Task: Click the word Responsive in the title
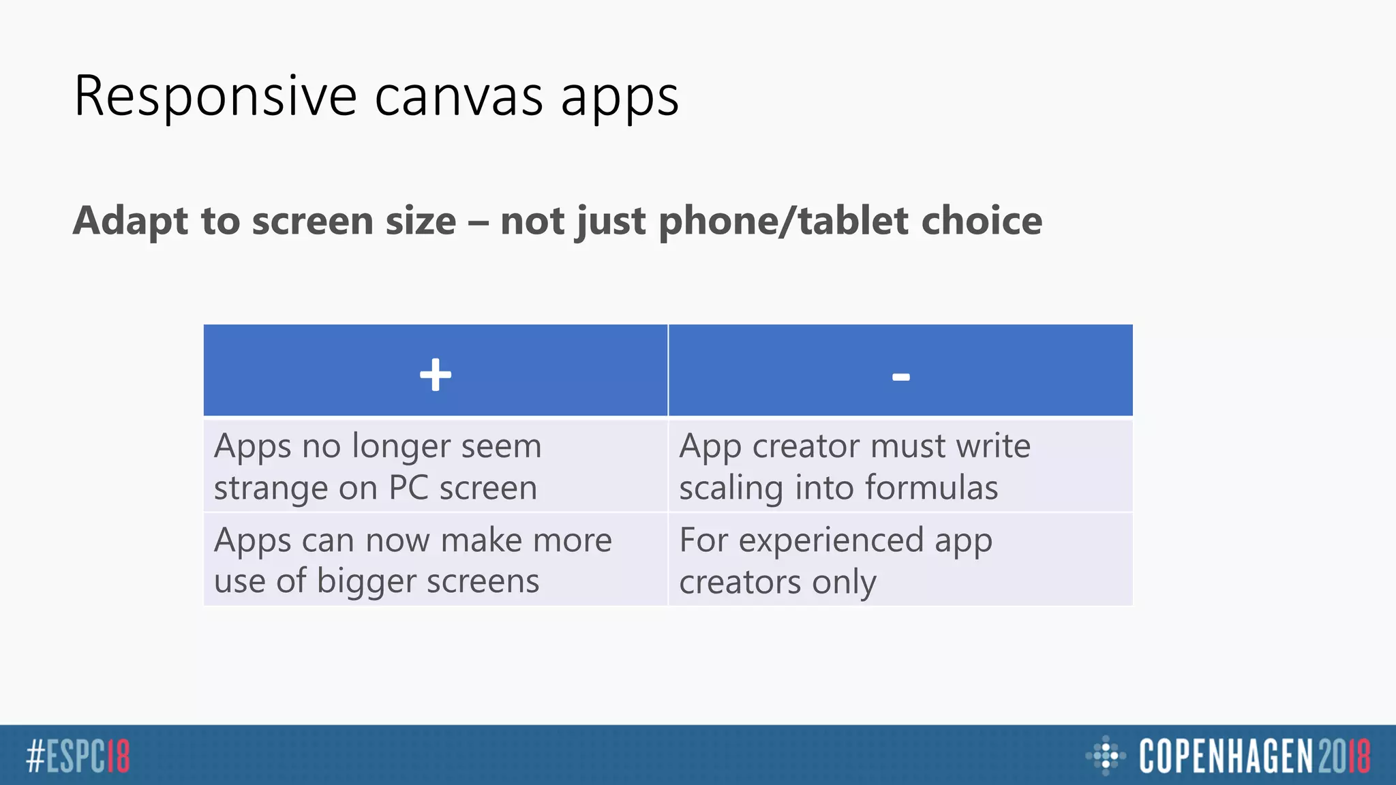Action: [x=215, y=97]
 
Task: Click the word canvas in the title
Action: [x=459, y=97]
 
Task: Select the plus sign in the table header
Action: [x=436, y=375]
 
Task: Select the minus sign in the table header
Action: [x=900, y=377]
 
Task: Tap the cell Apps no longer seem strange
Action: [x=435, y=467]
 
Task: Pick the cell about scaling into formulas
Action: [x=900, y=467]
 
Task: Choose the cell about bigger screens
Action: [x=435, y=560]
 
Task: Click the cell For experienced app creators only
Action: [x=900, y=560]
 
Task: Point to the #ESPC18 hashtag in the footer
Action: [x=78, y=756]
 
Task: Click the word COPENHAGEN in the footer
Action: [x=1226, y=756]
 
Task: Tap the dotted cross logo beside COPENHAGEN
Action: [x=1105, y=756]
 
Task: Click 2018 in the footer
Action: [x=1344, y=756]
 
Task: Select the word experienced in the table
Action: [x=832, y=541]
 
